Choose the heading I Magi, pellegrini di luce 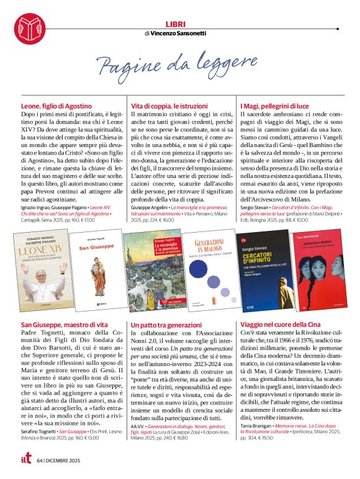(274, 107)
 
